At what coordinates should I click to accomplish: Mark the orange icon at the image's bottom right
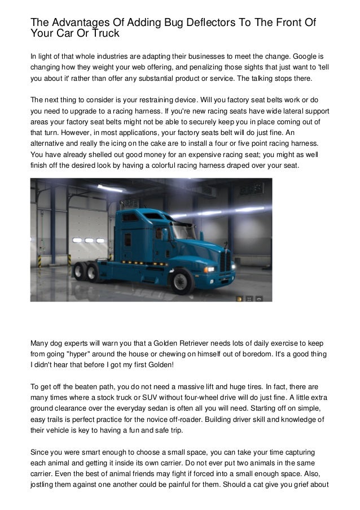[x=240, y=297]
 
